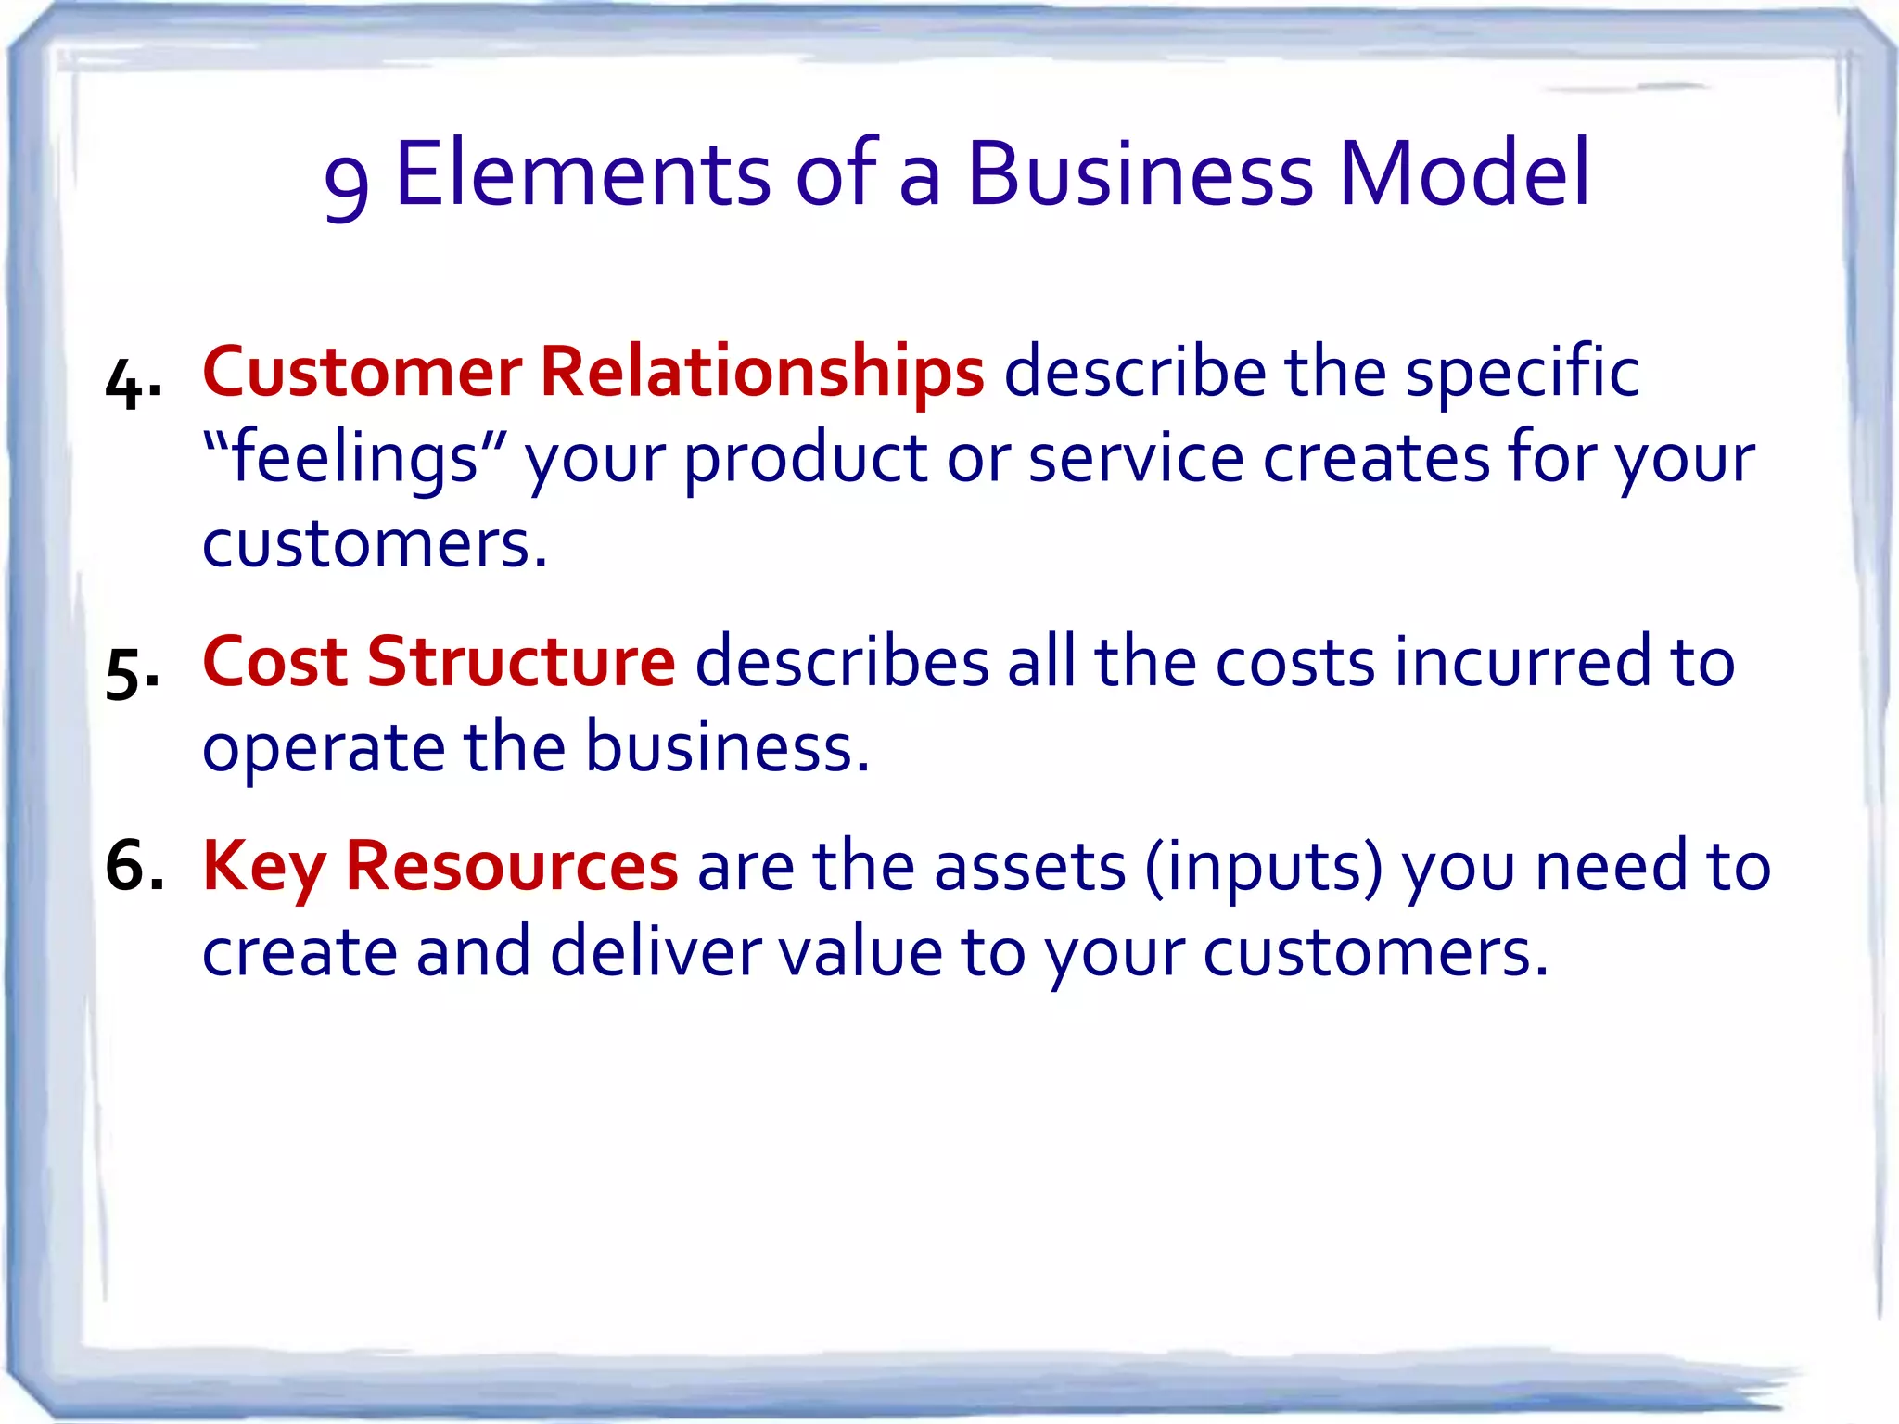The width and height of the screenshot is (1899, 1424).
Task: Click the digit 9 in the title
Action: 347,185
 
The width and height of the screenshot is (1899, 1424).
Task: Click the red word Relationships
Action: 761,373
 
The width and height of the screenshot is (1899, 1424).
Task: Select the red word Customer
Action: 362,373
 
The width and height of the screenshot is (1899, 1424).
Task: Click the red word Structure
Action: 521,662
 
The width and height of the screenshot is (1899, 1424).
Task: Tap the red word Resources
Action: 512,866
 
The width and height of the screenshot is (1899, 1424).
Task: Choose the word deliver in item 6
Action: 656,951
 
